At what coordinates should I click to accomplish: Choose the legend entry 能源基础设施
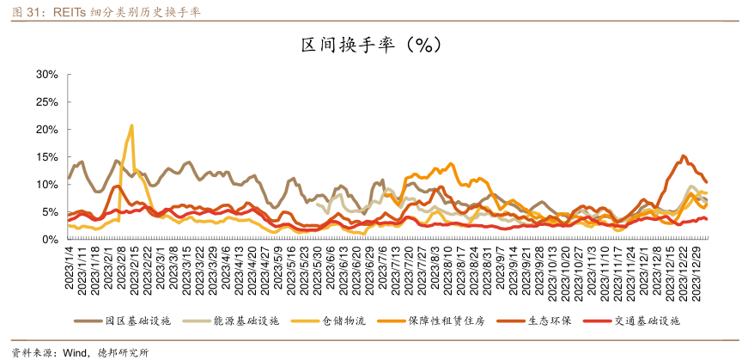246,321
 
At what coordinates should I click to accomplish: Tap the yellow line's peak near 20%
131,125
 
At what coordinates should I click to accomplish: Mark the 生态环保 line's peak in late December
683,156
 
